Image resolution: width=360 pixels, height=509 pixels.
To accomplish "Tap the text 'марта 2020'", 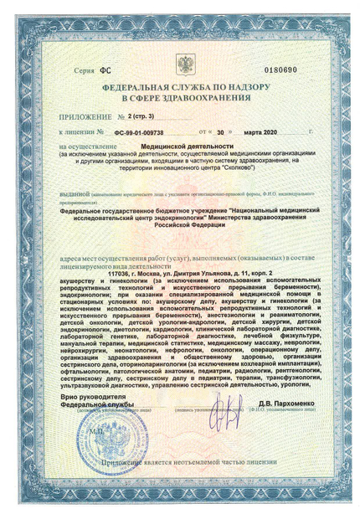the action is tap(258, 132).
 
